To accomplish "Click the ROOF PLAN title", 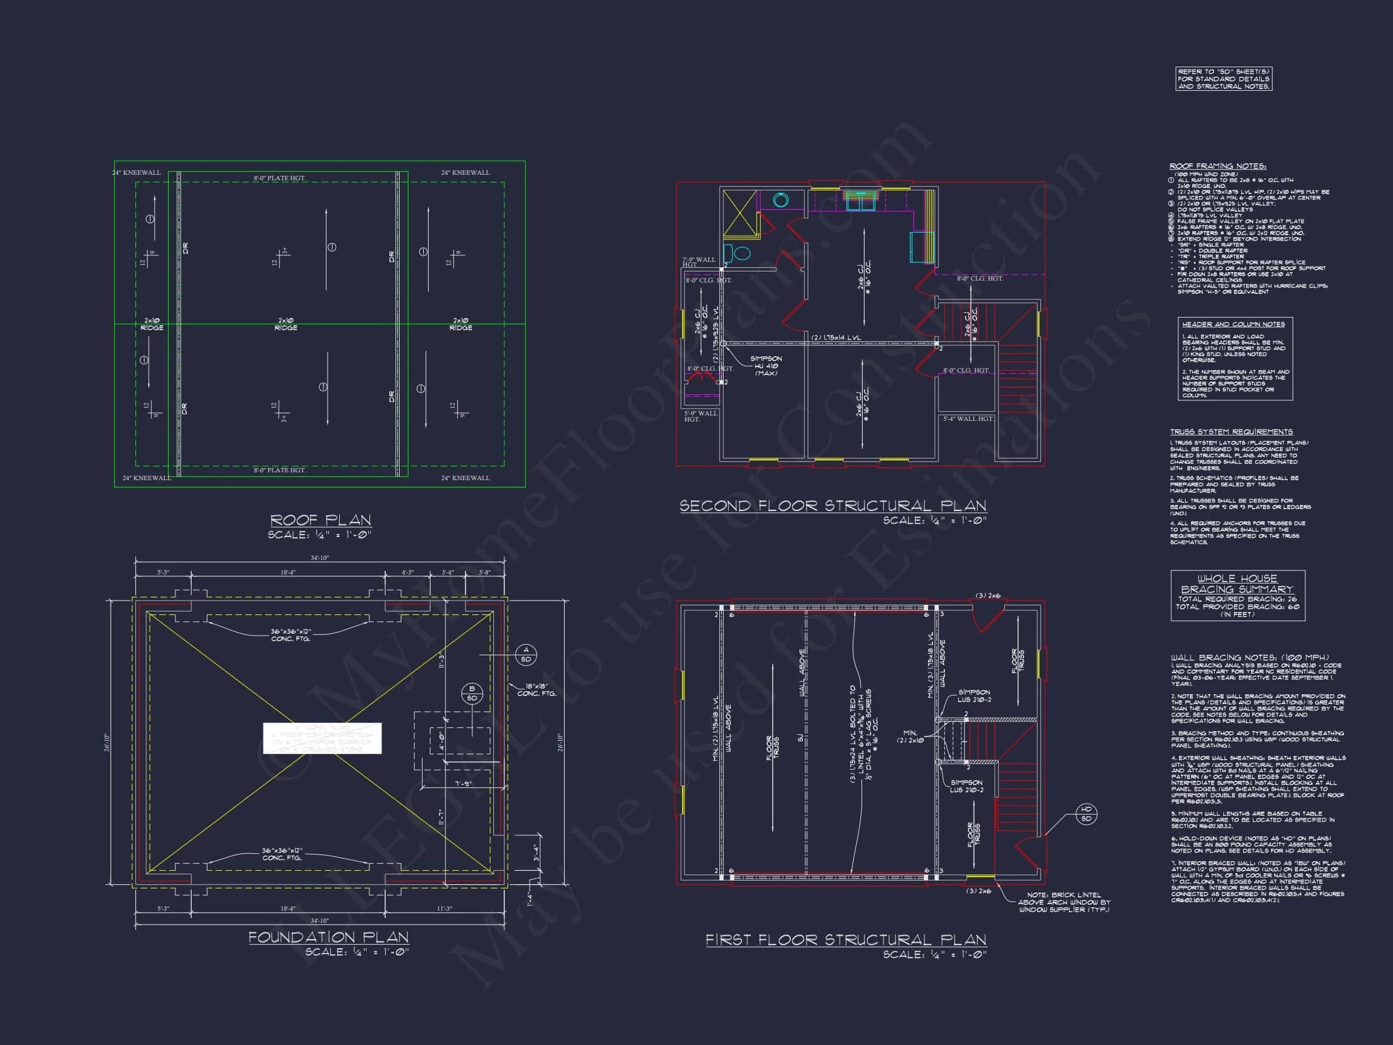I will tap(320, 520).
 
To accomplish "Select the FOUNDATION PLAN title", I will tap(328, 937).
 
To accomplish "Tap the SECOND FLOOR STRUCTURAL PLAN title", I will tap(833, 506).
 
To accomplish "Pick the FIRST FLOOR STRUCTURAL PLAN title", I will tap(845, 940).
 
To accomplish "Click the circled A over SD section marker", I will tap(526, 654).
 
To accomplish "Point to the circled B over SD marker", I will tap(472, 694).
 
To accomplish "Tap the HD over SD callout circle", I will tap(1086, 814).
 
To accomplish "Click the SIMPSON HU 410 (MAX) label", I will tap(767, 366).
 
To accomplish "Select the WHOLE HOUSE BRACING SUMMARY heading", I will tap(1237, 584).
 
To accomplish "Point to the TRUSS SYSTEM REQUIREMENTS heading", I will tap(1231, 432).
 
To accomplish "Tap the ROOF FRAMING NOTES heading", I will tap(1217, 166).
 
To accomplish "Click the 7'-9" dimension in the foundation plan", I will tap(463, 784).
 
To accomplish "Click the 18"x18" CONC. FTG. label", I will tap(536, 690).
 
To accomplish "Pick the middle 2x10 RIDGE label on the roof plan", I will tap(286, 324).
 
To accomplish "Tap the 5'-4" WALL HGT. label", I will tap(967, 418).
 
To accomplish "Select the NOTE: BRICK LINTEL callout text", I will tap(1063, 902).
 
